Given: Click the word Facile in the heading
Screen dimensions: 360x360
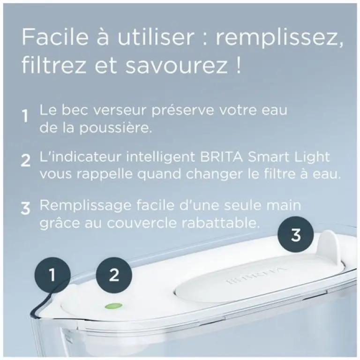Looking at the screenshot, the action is pyautogui.click(x=55, y=37).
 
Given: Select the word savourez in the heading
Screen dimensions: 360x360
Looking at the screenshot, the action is pyautogui.click(x=176, y=66).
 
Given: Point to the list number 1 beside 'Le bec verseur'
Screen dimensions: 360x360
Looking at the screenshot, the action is pyautogui.click(x=25, y=116).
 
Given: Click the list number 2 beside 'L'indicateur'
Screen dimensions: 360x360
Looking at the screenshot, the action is pyautogui.click(x=25, y=160).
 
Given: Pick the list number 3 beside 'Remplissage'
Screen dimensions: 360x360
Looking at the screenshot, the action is pyautogui.click(x=25, y=208).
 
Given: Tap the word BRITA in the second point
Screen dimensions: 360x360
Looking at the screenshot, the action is pyautogui.click(x=221, y=157).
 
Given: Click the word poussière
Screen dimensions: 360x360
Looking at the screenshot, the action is pyautogui.click(x=116, y=128).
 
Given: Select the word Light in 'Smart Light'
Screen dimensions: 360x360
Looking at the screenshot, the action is pyautogui.click(x=313, y=157).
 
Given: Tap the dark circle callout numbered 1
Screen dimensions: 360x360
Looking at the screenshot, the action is pyautogui.click(x=52, y=275).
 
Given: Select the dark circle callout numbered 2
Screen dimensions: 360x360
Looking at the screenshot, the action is pyautogui.click(x=114, y=275).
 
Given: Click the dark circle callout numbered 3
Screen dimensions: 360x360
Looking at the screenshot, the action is pyautogui.click(x=296, y=235).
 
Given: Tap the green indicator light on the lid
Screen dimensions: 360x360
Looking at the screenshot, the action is pyautogui.click(x=113, y=306).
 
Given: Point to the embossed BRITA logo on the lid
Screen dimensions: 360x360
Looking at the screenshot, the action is pyautogui.click(x=256, y=275).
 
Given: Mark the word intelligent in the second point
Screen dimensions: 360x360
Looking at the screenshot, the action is pyautogui.click(x=160, y=157).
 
